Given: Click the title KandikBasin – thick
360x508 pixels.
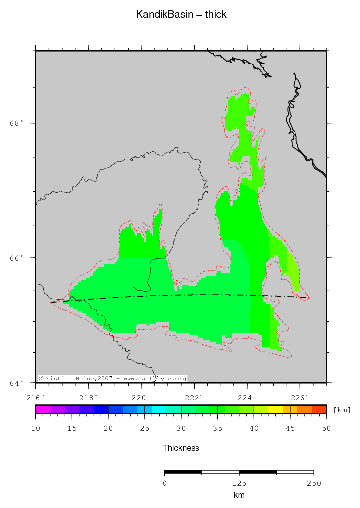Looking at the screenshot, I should pyautogui.click(x=181, y=15).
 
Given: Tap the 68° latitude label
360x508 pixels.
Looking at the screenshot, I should pyautogui.click(x=17, y=123).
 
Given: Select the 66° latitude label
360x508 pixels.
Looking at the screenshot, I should pyautogui.click(x=17, y=258).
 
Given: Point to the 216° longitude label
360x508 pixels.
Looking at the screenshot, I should pyautogui.click(x=35, y=397).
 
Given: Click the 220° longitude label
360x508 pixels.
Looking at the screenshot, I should pyautogui.click(x=141, y=397).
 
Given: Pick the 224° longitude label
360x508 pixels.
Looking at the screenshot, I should pyautogui.click(x=247, y=397).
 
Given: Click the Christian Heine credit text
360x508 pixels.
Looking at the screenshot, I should pyautogui.click(x=112, y=379).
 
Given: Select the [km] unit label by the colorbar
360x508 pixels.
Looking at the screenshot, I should pyautogui.click(x=342, y=410).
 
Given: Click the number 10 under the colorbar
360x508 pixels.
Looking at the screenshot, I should pyautogui.click(x=35, y=429).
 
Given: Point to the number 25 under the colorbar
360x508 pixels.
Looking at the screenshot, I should pyautogui.click(x=145, y=429).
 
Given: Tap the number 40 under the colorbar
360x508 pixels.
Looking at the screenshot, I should pyautogui.click(x=254, y=429).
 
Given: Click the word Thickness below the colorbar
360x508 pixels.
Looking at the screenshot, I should pyautogui.click(x=181, y=448).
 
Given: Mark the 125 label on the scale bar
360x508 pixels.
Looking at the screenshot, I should pyautogui.click(x=239, y=483).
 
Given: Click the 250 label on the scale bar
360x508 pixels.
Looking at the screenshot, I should pyautogui.click(x=314, y=483).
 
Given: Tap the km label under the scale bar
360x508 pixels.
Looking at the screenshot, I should pyautogui.click(x=239, y=495).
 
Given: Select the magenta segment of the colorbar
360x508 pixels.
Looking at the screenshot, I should pyautogui.click(x=43, y=409).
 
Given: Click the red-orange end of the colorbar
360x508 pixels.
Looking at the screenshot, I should pyautogui.click(x=319, y=409).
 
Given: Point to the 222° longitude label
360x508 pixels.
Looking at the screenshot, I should pyautogui.click(x=194, y=397).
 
